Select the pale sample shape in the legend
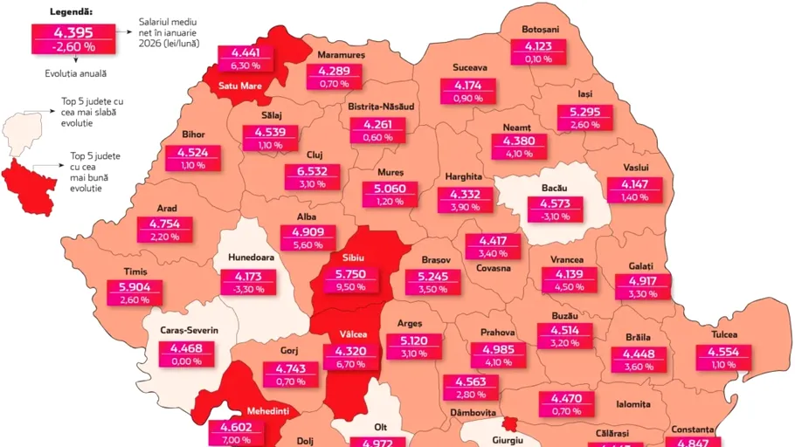[x=25, y=133]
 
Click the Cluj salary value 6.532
[x=312, y=171]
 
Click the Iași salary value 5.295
[x=585, y=112]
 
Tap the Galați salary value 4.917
[x=644, y=281]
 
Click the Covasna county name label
[x=494, y=268]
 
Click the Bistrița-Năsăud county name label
[x=381, y=107]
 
